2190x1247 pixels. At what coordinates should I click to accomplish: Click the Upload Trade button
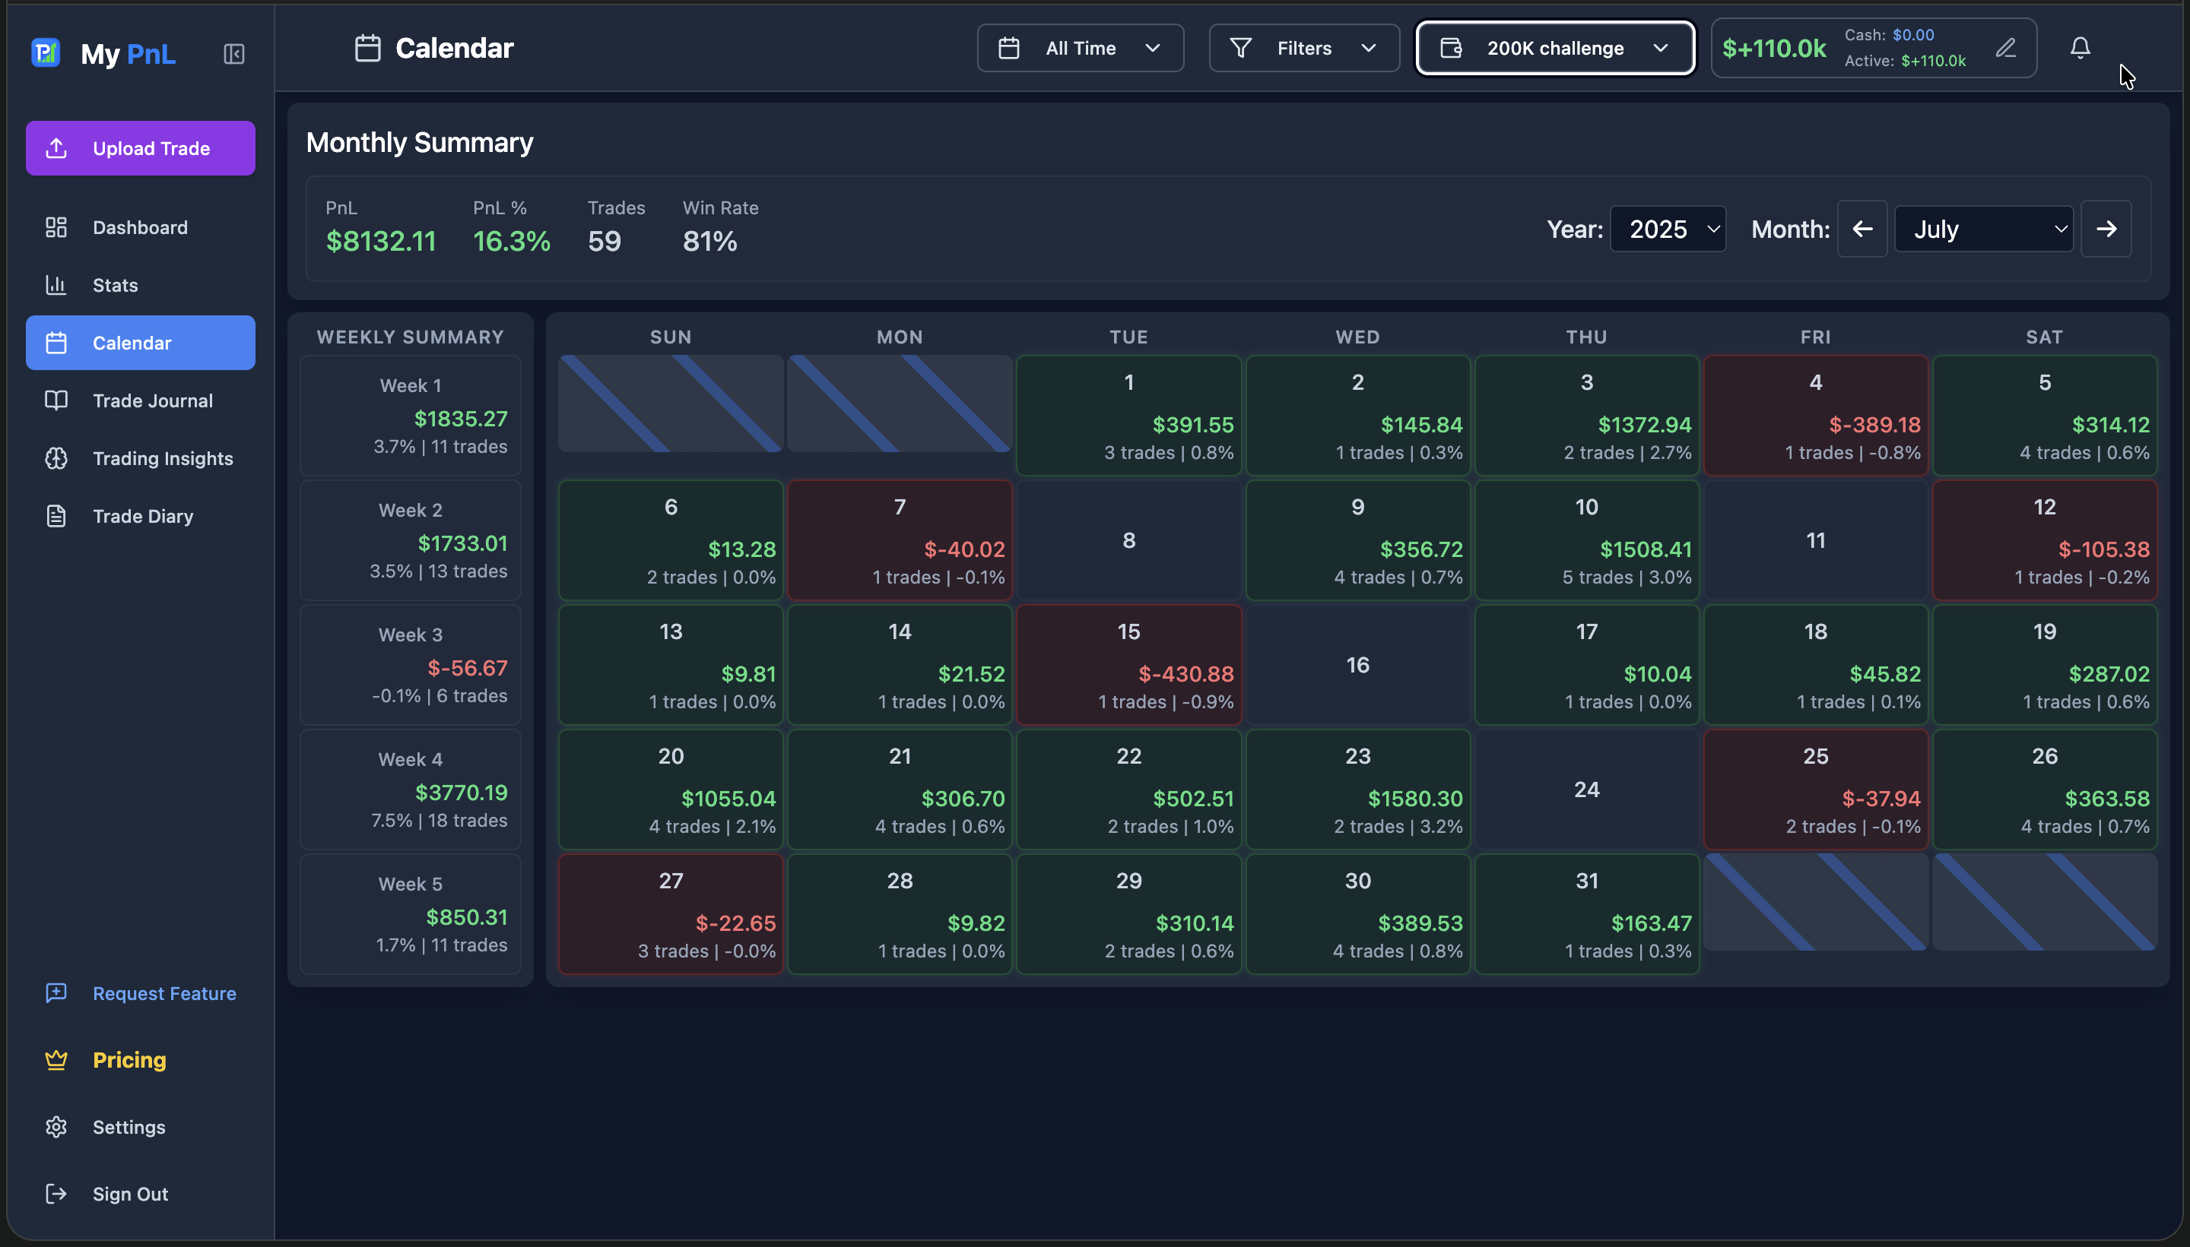140,148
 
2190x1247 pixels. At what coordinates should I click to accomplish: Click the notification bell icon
2080,48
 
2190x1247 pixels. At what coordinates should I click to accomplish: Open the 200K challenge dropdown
1554,48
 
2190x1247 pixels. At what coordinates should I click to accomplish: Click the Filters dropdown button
1303,48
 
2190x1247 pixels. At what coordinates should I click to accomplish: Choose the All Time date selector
1080,48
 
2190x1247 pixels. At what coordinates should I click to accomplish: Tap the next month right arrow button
2106,229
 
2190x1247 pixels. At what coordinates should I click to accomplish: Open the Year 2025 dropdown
1668,229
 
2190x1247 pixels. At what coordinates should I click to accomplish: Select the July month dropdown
1982,229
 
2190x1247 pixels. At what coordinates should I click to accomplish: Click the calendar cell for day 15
1128,665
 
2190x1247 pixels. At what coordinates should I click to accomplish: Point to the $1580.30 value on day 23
1414,798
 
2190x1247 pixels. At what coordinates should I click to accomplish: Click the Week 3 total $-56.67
467,668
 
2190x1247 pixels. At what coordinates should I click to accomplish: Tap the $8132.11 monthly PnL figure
380,242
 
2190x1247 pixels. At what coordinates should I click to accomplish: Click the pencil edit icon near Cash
2006,48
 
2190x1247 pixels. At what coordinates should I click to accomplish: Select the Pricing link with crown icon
129,1059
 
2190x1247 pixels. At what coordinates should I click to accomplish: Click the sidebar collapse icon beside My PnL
234,54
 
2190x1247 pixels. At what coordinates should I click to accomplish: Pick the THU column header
1586,337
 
